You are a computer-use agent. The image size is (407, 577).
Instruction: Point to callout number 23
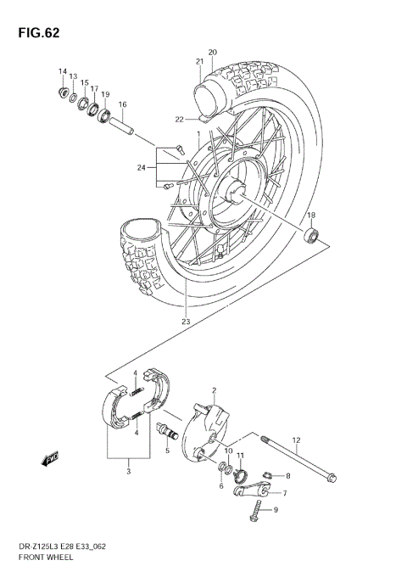tap(186, 321)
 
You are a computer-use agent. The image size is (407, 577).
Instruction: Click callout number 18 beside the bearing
tap(310, 216)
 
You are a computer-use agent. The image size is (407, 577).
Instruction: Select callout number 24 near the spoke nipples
tap(141, 166)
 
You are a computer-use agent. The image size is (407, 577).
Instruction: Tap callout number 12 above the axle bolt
tap(296, 440)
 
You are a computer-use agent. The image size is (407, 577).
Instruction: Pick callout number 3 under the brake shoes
tap(127, 473)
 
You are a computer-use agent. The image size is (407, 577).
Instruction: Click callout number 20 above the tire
tap(212, 52)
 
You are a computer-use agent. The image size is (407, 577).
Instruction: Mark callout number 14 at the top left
tap(62, 70)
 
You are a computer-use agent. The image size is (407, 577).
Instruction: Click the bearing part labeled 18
tap(313, 234)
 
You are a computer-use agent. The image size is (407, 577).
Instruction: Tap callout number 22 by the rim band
tap(179, 119)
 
